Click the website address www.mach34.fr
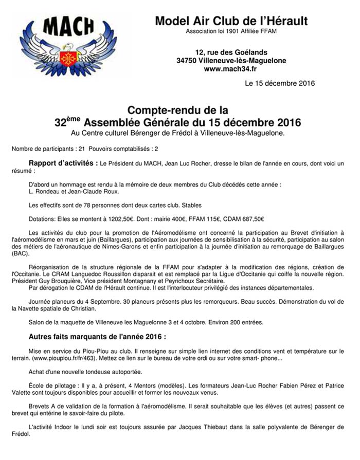click(x=231, y=68)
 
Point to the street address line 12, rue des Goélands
click(x=231, y=52)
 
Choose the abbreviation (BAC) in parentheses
click(x=19, y=253)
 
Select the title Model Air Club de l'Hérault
click(x=231, y=21)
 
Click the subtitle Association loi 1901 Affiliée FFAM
click(x=231, y=32)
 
